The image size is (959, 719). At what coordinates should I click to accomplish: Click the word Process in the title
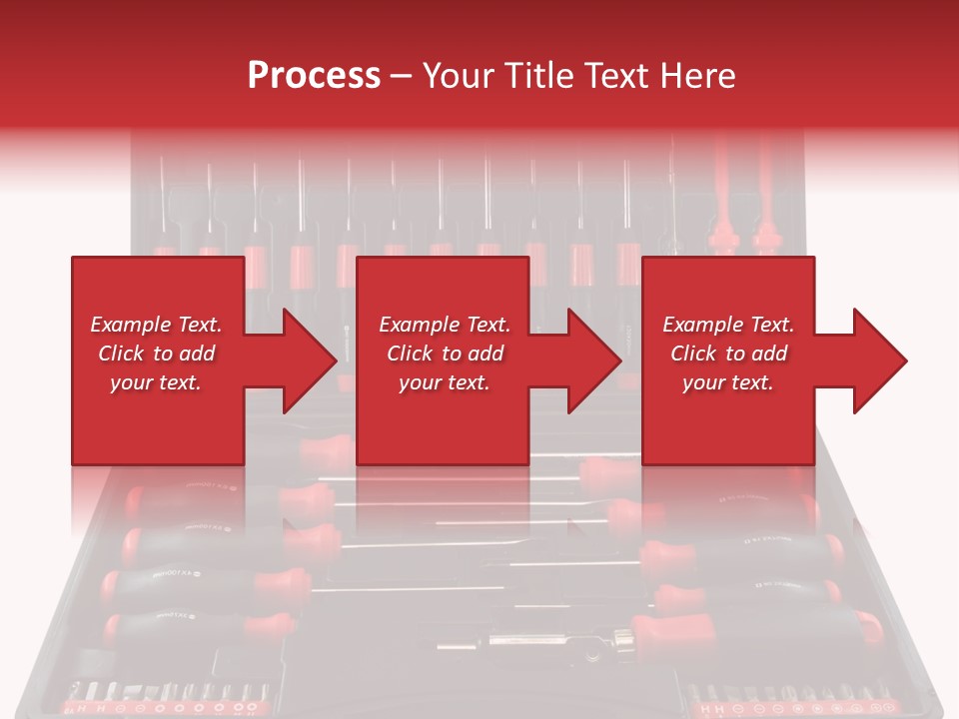(x=314, y=76)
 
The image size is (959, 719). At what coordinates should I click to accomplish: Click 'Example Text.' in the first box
(x=156, y=325)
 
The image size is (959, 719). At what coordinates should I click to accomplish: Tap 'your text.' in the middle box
(x=444, y=382)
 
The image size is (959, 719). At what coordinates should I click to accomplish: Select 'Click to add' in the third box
(x=728, y=354)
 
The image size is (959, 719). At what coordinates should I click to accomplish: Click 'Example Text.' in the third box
(x=728, y=325)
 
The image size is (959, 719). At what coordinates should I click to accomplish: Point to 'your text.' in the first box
(x=156, y=382)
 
